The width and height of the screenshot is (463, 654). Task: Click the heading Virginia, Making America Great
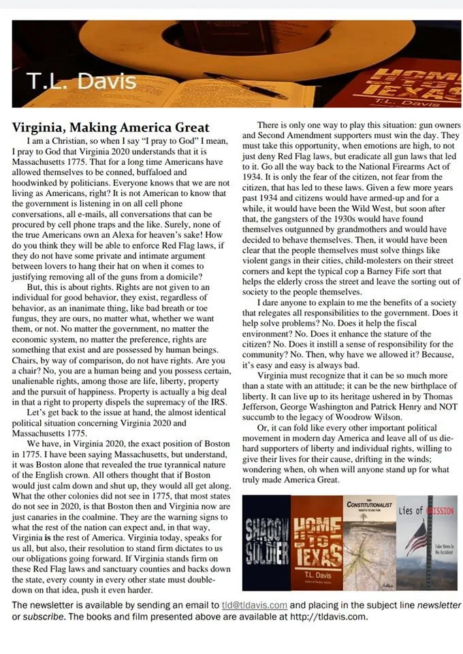click(x=111, y=127)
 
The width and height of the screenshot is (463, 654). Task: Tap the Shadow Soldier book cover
click(x=266, y=543)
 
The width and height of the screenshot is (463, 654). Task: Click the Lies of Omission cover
click(x=426, y=543)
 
